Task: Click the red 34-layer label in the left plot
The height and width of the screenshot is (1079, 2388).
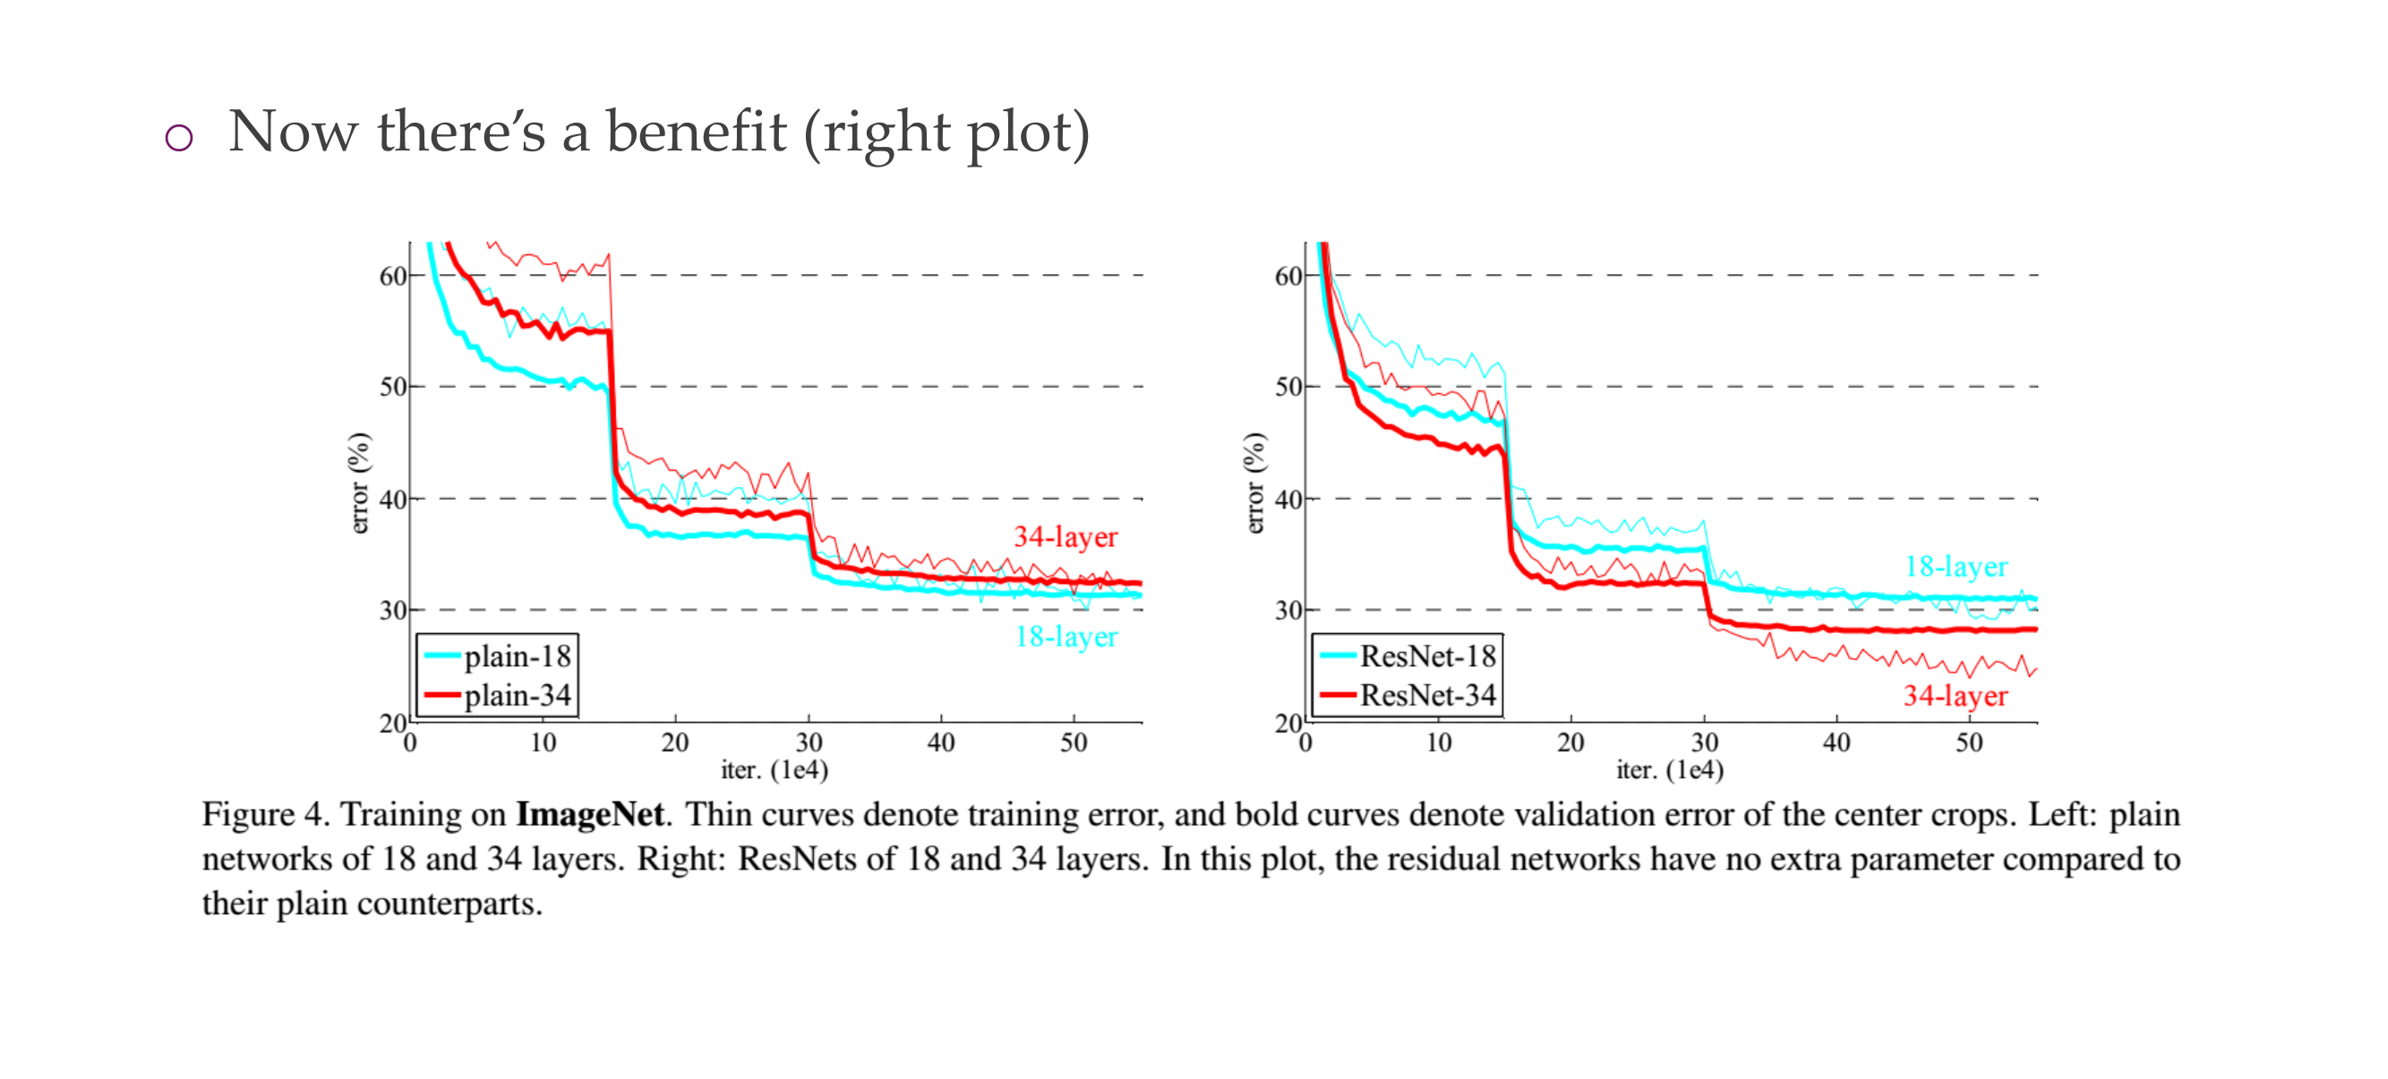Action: click(1066, 536)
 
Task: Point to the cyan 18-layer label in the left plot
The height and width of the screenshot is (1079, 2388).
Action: click(1066, 637)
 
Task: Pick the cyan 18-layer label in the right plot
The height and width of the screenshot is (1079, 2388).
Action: click(1956, 567)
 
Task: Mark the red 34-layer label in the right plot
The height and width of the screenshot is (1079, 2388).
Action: click(1956, 696)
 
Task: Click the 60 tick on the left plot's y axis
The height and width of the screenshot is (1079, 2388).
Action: click(393, 276)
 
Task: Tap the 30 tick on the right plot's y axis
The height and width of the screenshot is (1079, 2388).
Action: click(1288, 611)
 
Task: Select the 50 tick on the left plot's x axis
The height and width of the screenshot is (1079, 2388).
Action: click(1074, 742)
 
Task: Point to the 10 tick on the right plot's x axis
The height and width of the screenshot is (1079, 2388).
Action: click(1439, 742)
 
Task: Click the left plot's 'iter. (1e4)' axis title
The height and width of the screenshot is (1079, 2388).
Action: click(774, 770)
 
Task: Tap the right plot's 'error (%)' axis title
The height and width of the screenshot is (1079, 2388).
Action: click(1254, 483)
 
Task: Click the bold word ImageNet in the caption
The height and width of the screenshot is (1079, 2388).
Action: click(589, 814)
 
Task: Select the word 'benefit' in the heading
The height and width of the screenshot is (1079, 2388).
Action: click(697, 132)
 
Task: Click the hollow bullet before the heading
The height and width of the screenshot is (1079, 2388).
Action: click(179, 138)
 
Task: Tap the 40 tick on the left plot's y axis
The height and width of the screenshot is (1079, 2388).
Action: click(393, 500)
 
